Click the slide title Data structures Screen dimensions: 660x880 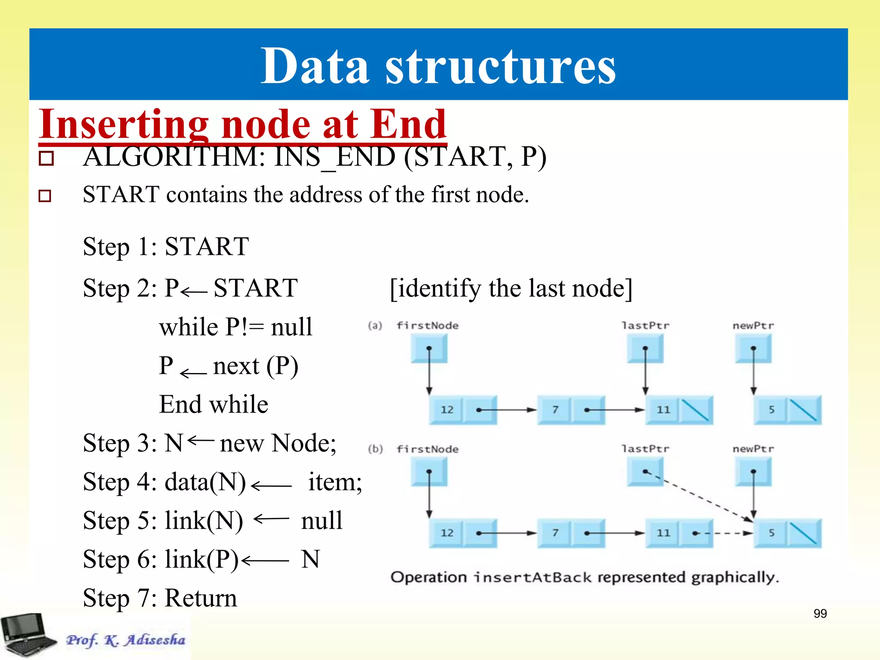[438, 65]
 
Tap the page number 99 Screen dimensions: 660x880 [820, 613]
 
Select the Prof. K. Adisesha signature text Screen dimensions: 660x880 [125, 640]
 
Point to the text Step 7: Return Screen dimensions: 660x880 [160, 598]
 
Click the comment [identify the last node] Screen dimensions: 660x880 [511, 288]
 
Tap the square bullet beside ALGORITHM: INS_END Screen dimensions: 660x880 [46, 158]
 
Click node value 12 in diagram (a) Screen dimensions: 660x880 [447, 409]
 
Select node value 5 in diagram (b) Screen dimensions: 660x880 [771, 533]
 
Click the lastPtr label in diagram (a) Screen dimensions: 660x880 [645, 325]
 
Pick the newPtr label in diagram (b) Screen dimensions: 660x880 [753, 449]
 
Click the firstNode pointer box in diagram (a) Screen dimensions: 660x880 [429, 348]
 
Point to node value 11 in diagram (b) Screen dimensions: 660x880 [663, 533]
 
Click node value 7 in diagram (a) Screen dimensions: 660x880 [555, 409]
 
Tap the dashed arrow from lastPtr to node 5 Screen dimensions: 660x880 [700, 496]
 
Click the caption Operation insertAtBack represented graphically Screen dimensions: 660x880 [584, 577]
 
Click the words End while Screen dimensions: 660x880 [214, 404]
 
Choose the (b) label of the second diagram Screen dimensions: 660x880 [375, 449]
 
